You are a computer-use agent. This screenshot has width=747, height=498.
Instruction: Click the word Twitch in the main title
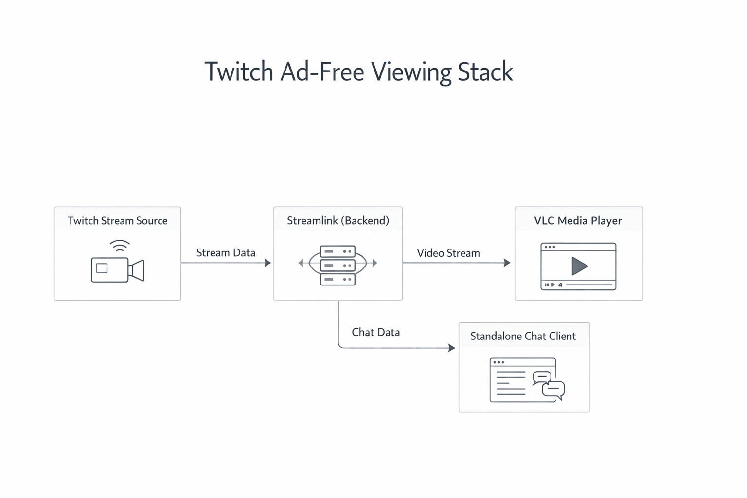(239, 71)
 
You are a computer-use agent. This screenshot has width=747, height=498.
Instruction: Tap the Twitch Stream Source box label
(117, 221)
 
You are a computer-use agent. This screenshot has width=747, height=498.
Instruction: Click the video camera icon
(117, 269)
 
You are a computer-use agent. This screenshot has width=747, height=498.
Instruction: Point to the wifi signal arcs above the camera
(120, 246)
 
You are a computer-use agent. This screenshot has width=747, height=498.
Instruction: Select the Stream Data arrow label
(226, 253)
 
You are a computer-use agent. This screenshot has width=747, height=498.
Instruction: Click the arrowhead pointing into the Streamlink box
(267, 263)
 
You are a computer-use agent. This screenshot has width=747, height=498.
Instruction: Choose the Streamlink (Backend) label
(338, 221)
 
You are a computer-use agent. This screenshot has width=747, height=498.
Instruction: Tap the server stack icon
(338, 265)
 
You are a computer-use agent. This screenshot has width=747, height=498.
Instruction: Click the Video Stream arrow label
(448, 253)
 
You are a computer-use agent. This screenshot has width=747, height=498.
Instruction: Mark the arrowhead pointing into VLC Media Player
(507, 263)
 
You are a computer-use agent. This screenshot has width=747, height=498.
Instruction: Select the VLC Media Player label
(578, 221)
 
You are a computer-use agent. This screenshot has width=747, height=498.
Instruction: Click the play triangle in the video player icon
(579, 266)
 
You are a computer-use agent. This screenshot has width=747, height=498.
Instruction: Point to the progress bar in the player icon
(588, 285)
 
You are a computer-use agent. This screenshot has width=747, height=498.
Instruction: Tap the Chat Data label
(375, 333)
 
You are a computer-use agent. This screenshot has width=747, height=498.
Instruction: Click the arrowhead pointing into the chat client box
(452, 348)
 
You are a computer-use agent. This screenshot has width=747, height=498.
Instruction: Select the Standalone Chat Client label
(523, 337)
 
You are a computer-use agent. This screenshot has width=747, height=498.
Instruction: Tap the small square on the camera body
(102, 268)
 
